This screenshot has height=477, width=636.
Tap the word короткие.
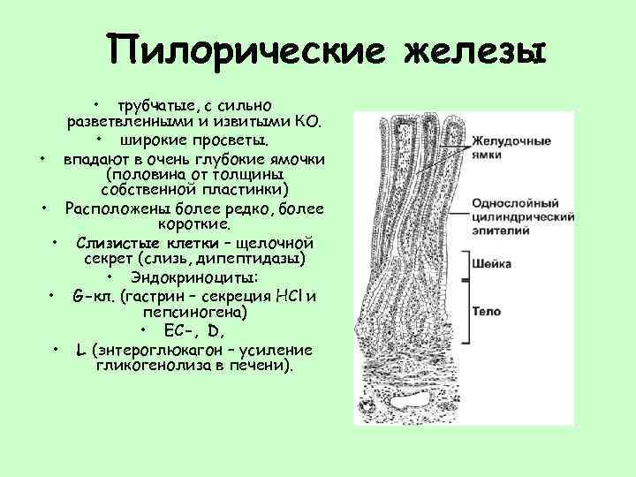tap(193, 225)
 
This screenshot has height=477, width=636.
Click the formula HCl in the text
tap(290, 295)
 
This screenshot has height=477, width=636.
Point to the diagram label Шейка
tap(488, 263)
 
